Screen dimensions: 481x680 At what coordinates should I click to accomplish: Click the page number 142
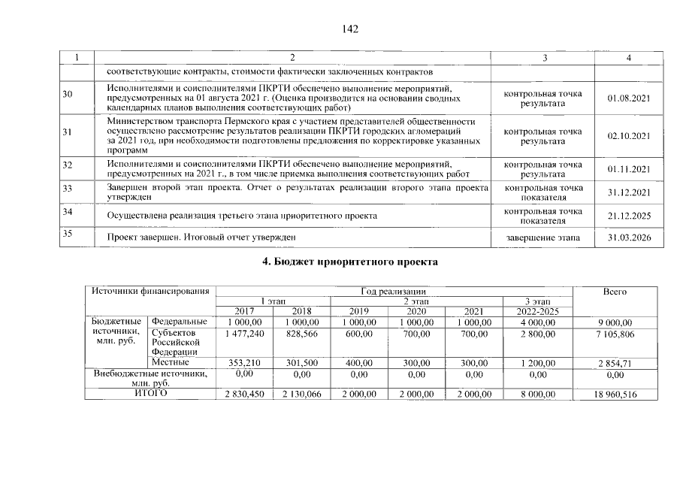pyautogui.click(x=349, y=29)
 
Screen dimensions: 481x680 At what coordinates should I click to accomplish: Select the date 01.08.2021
pyautogui.click(x=628, y=98)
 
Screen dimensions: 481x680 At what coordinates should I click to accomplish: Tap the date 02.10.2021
pyautogui.click(x=628, y=136)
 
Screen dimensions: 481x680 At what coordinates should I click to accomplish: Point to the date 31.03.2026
pyautogui.click(x=628, y=238)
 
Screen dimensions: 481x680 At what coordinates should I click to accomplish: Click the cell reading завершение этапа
pyautogui.click(x=542, y=238)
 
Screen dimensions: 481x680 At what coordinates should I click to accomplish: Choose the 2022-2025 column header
pyautogui.click(x=537, y=311)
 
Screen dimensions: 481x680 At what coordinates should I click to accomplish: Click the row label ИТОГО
pyautogui.click(x=150, y=393)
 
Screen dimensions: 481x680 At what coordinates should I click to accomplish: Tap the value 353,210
pyautogui.click(x=243, y=363)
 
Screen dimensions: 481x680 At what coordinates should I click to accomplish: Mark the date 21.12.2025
pyautogui.click(x=628, y=216)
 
